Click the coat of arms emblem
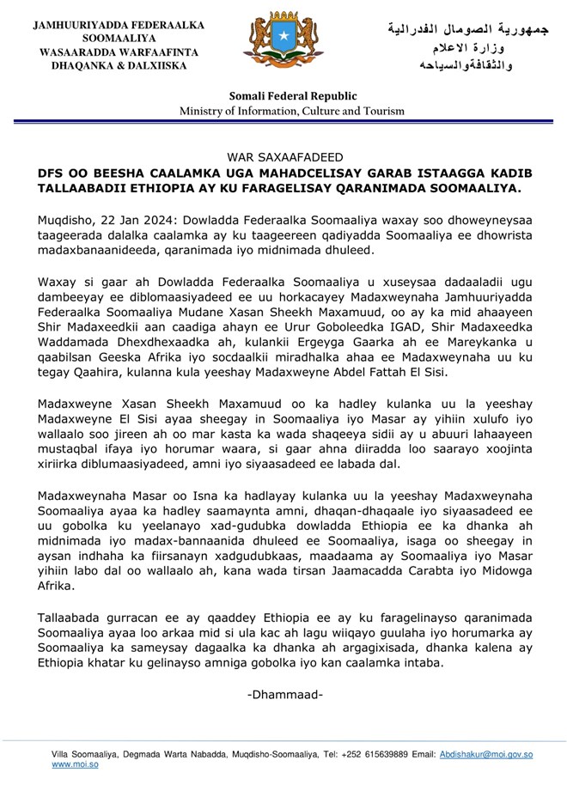pos(283,42)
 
